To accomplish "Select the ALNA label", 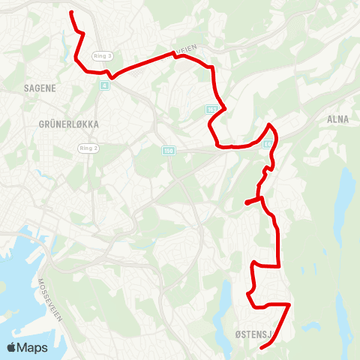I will [x=338, y=118].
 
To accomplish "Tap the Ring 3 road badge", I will [x=102, y=56].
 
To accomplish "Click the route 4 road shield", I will [x=103, y=85].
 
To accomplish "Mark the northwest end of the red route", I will [x=71, y=13].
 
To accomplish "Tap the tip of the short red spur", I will [x=246, y=202].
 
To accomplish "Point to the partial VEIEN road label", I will [x=185, y=47].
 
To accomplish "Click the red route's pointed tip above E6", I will [x=269, y=124].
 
